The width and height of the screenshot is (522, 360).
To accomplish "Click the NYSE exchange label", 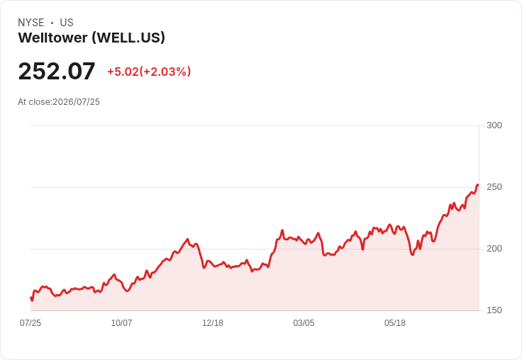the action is pos(31,23).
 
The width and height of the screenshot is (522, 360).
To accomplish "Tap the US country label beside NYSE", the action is pos(67,23).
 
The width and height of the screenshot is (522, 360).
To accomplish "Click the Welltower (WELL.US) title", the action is pos(91,38).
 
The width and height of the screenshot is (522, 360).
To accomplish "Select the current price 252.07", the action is pos(57,71).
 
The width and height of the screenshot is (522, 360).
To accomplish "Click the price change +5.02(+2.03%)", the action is pos(149,72).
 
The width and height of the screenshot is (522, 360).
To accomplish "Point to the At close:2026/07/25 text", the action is pos(59,102).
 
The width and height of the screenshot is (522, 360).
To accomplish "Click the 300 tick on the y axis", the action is pos(494,125).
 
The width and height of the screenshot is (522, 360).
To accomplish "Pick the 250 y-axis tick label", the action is pos(494,187).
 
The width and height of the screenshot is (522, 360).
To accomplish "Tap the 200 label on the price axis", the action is pos(494,249).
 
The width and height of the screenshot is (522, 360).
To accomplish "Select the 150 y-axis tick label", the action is pos(494,310).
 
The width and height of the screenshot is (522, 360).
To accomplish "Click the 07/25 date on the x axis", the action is pos(30,323).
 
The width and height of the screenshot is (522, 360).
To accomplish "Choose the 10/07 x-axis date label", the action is pos(121,323).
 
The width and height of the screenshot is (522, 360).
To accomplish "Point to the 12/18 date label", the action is pos(213,323).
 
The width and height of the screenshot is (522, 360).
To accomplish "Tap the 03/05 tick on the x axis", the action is pos(304,323).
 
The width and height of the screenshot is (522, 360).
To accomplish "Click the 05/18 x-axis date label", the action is pos(395,323).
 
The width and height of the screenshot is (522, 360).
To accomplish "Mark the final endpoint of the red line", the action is pos(478,185).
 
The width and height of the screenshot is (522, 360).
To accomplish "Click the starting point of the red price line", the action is pos(31,298).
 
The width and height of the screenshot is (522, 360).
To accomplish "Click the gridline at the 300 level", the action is pos(255,125).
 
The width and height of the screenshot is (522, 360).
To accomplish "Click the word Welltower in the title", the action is pos(53,38).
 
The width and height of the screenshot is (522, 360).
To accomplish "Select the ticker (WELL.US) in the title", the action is pos(128,38).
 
